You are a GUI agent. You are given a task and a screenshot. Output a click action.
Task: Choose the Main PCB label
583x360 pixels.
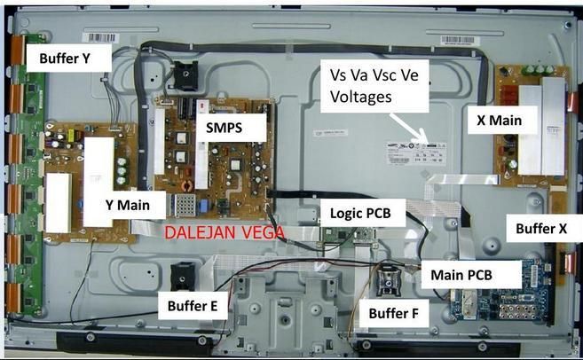pos(461,274)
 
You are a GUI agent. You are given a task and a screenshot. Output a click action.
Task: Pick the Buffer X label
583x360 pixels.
pos(541,228)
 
